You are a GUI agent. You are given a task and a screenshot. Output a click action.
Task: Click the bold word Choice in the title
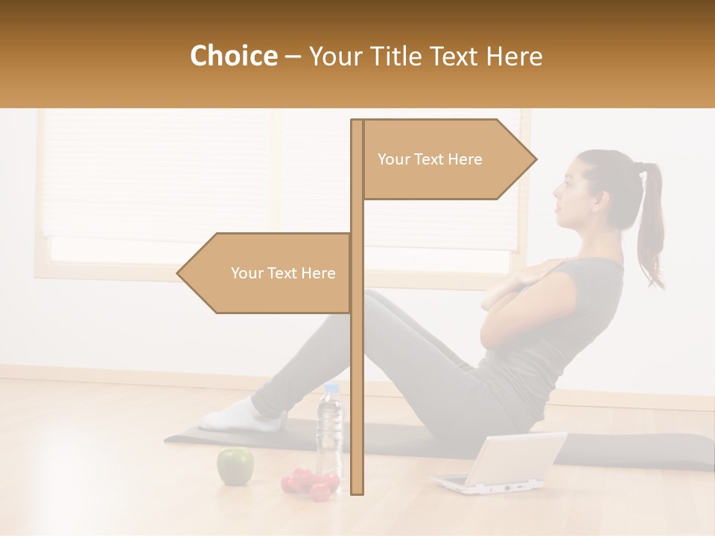(x=233, y=57)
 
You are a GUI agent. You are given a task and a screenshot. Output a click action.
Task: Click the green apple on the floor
(x=235, y=465)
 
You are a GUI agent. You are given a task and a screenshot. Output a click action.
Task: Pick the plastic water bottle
(x=329, y=432)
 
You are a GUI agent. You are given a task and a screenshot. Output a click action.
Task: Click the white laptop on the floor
(x=499, y=465)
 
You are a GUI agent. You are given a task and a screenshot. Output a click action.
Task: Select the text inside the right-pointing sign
(x=430, y=159)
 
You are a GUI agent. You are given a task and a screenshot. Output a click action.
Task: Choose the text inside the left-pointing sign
(x=283, y=273)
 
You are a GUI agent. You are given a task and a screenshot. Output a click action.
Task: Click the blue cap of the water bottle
(x=331, y=388)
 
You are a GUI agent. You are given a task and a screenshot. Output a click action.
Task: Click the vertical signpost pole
(x=357, y=372)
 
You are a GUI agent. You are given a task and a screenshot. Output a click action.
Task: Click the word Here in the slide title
(x=514, y=57)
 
